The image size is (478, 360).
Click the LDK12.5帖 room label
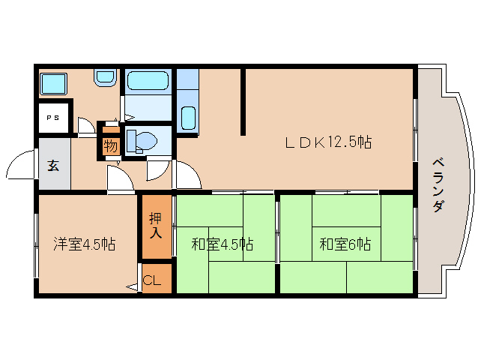point(327,142)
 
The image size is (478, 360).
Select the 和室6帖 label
point(345,244)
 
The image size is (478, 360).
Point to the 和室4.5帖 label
point(222,244)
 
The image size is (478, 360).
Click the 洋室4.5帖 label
point(84,244)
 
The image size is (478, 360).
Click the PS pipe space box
point(53,118)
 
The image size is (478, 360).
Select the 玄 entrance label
point(54,165)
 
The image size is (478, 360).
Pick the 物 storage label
point(110,145)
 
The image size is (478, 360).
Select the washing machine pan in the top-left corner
point(52,82)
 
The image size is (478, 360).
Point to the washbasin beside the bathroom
point(106,76)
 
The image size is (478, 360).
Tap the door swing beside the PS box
point(85,127)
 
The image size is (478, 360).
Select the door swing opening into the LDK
point(187,175)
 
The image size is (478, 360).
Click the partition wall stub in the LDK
point(243,102)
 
